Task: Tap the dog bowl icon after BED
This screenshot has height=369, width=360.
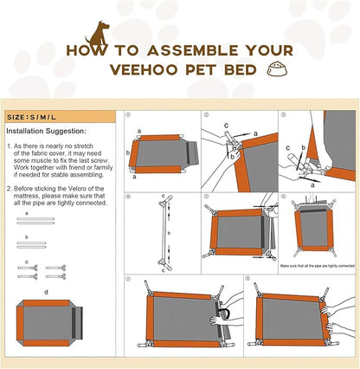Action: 278,69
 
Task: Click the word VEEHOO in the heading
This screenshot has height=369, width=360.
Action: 130,69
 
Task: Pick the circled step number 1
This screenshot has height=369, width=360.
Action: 128,114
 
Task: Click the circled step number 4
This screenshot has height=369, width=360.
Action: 128,195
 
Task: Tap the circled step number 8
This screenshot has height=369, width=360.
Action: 247,279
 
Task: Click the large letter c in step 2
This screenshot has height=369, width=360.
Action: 228,124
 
